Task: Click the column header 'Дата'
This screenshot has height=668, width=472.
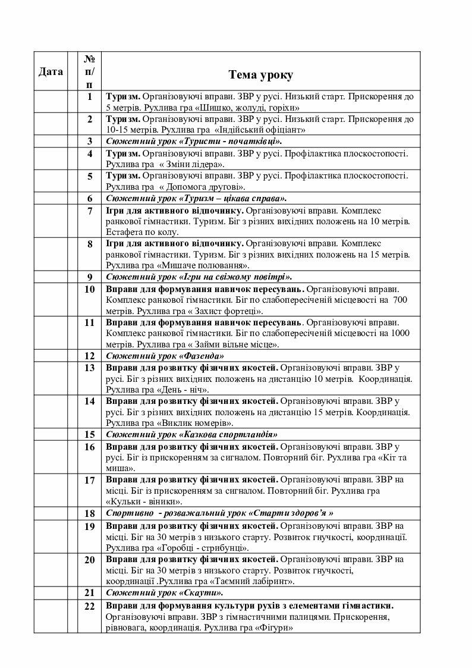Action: click(x=51, y=72)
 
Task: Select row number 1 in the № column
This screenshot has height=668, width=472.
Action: click(x=90, y=97)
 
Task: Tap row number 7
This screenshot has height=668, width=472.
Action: click(x=90, y=211)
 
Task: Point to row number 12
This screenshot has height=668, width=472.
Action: click(x=90, y=356)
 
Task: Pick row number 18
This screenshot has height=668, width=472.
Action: click(x=90, y=513)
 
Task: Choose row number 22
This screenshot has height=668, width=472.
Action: click(x=90, y=606)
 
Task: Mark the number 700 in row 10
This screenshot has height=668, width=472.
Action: click(x=400, y=300)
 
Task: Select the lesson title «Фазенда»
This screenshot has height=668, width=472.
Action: click(x=202, y=356)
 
